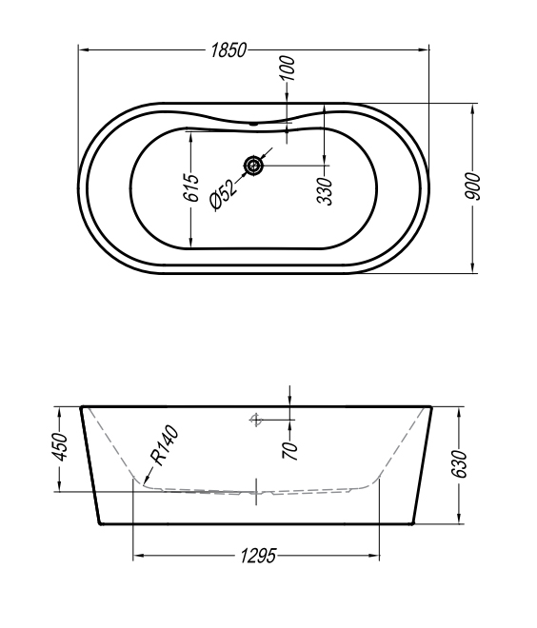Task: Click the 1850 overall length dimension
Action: pyautogui.click(x=229, y=50)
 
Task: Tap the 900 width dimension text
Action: pyautogui.click(x=472, y=186)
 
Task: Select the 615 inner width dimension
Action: pyautogui.click(x=191, y=187)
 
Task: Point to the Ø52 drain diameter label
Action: pyautogui.click(x=223, y=194)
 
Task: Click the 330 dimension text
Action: pyautogui.click(x=325, y=191)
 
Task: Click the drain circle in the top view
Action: pyautogui.click(x=253, y=165)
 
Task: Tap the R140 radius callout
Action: pyautogui.click(x=164, y=445)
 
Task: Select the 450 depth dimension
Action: pyautogui.click(x=60, y=447)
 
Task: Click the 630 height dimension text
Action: pyautogui.click(x=459, y=463)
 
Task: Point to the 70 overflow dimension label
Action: pyautogui.click(x=290, y=451)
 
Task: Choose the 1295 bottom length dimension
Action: pyautogui.click(x=258, y=556)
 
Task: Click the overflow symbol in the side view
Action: pyautogui.click(x=256, y=420)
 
